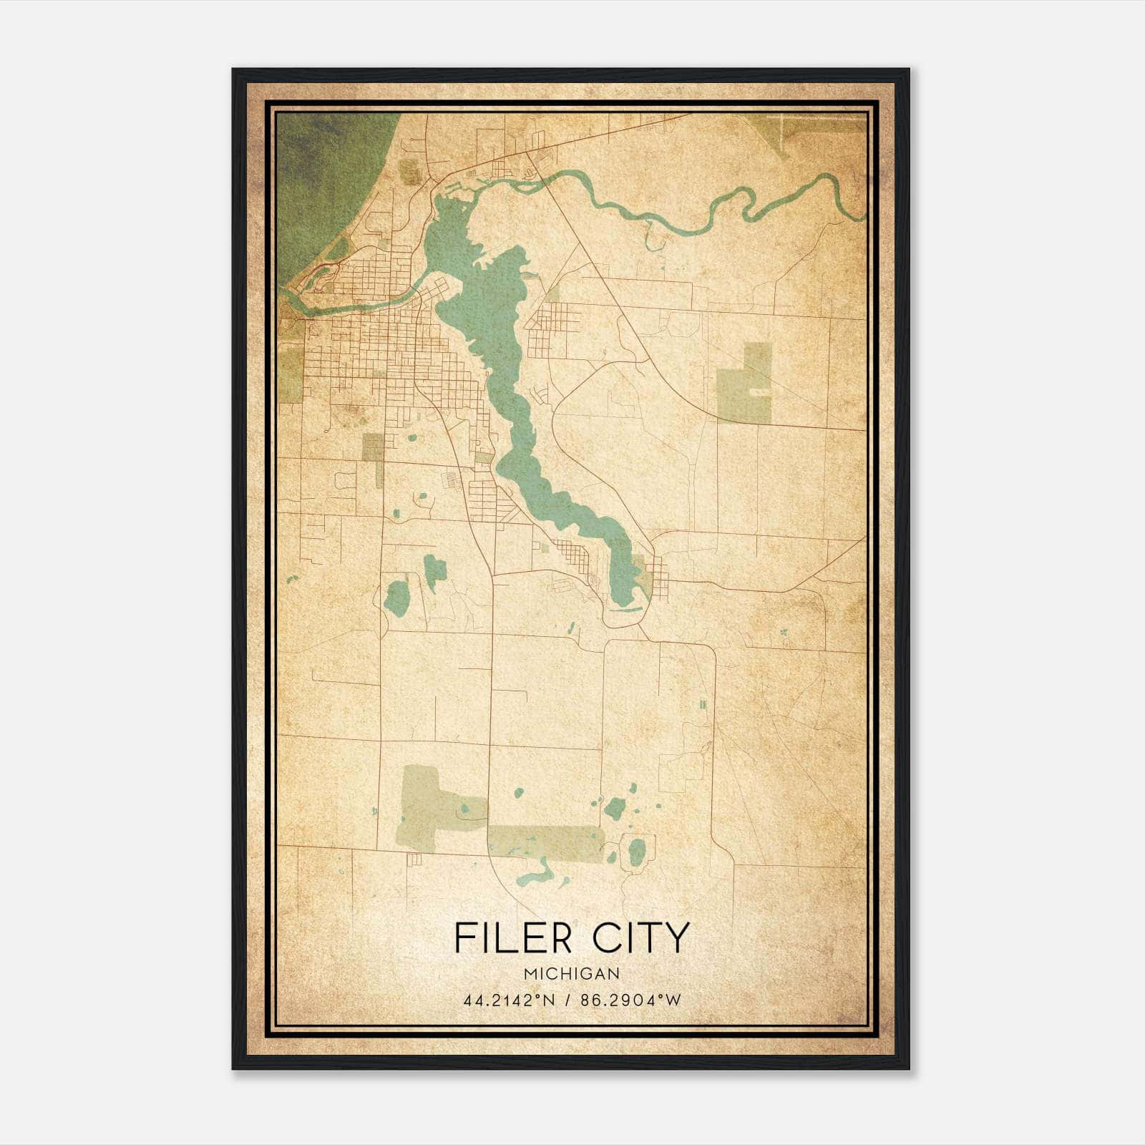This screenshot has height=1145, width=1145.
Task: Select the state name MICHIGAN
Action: tap(572, 974)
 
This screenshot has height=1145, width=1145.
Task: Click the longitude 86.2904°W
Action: tap(631, 1000)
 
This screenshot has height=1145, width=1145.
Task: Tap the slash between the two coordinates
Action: tap(566, 1000)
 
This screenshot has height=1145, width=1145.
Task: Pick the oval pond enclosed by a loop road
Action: tap(636, 852)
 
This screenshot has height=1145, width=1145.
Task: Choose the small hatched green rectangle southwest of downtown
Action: tap(373, 447)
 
